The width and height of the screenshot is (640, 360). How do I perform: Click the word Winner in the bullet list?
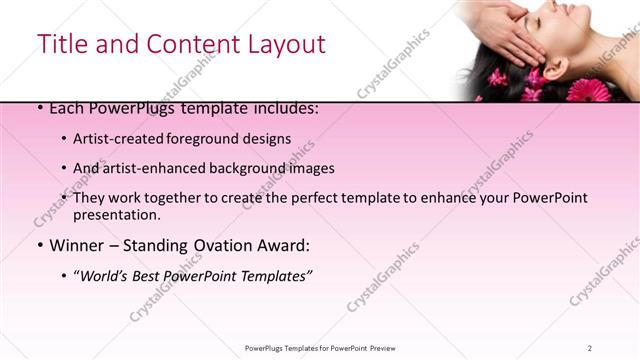[x=78, y=245]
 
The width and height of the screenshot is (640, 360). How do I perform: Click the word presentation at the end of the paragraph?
[x=116, y=214]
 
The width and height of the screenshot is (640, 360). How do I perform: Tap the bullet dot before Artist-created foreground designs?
[x=65, y=140]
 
